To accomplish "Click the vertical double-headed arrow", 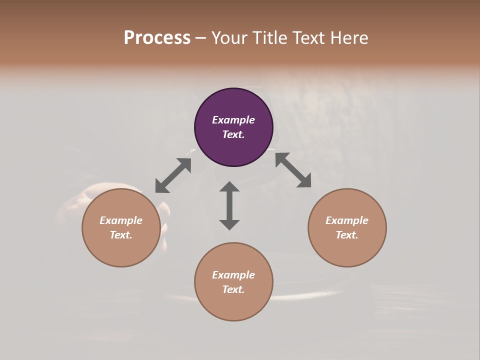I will (229, 205).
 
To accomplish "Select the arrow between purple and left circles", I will (173, 175).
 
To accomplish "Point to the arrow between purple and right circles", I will (293, 170).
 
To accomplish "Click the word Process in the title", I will (157, 37).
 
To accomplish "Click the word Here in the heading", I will (349, 37).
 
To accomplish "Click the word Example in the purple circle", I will (233, 120).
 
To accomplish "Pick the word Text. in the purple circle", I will (233, 134).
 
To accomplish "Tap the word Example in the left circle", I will (121, 220).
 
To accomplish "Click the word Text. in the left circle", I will (121, 235).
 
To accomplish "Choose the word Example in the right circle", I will (347, 220).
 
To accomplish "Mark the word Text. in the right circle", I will (347, 235).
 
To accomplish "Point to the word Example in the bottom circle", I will (233, 275).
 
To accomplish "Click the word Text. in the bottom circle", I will (233, 289).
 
